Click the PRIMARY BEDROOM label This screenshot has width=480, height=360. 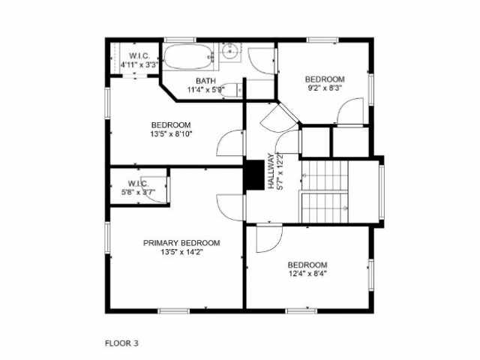tap(181, 243)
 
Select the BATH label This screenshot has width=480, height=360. tap(205, 81)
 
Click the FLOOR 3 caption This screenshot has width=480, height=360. tap(121, 343)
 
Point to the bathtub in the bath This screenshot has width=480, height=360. tap(189, 57)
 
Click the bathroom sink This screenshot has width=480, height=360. tap(230, 53)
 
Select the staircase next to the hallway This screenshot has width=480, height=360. tap(326, 192)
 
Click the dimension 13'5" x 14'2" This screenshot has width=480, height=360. tap(181, 253)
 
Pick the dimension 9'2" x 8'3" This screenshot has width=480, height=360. tap(324, 88)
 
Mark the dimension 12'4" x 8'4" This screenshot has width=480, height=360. tap(307, 274)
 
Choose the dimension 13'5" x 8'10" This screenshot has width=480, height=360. tap(171, 134)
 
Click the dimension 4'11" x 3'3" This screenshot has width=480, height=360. tap(141, 65)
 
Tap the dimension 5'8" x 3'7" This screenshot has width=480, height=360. tap(138, 193)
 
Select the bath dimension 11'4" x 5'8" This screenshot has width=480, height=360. tap(205, 90)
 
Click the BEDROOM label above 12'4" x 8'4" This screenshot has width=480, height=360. tap(307, 265)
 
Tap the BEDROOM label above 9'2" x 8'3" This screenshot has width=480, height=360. tap(324, 79)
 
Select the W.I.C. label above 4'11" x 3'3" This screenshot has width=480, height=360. tap(141, 56)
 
